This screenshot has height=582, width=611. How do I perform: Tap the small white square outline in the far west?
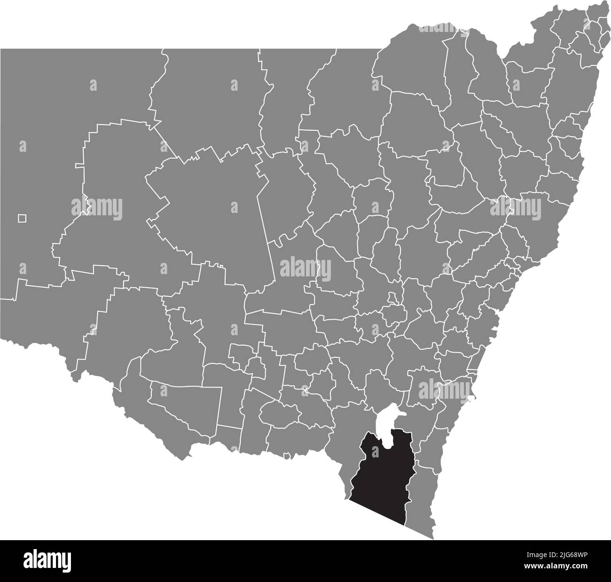point(22,218)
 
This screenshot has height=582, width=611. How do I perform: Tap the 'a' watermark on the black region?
point(375,451)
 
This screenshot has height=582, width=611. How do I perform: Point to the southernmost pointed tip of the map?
point(433,538)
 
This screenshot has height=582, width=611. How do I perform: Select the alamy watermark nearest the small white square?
point(97,207)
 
